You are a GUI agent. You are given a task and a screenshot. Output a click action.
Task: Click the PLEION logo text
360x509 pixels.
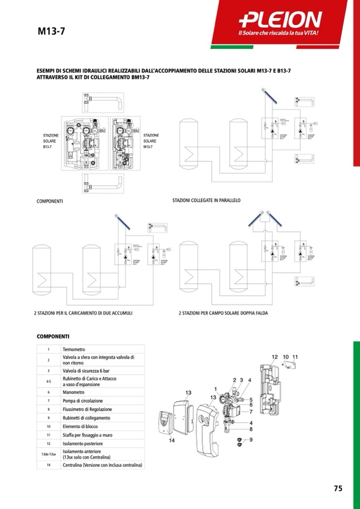280,20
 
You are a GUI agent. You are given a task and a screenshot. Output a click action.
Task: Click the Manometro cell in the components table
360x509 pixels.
74,392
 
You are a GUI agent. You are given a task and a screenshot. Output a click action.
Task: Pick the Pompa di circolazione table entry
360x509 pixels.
83,401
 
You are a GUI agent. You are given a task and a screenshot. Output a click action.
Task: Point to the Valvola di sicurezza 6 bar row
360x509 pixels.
87,370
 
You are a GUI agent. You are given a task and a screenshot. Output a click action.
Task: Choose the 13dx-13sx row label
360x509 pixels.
48,454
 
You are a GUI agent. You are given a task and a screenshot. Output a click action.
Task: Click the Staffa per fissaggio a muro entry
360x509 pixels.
87,435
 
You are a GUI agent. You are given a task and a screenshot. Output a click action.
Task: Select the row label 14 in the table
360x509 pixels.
48,465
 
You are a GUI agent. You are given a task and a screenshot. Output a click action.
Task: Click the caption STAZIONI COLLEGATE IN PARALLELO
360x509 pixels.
207,201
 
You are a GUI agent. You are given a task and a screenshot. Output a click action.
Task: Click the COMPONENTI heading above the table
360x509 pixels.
53,337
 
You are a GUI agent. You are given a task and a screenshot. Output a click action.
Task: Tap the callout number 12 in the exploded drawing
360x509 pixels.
275,357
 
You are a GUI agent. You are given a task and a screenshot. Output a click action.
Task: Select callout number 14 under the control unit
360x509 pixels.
172,441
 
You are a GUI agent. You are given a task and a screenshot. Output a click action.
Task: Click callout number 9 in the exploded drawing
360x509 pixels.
251,439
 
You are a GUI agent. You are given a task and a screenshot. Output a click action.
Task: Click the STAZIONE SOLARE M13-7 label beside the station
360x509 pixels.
151,141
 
